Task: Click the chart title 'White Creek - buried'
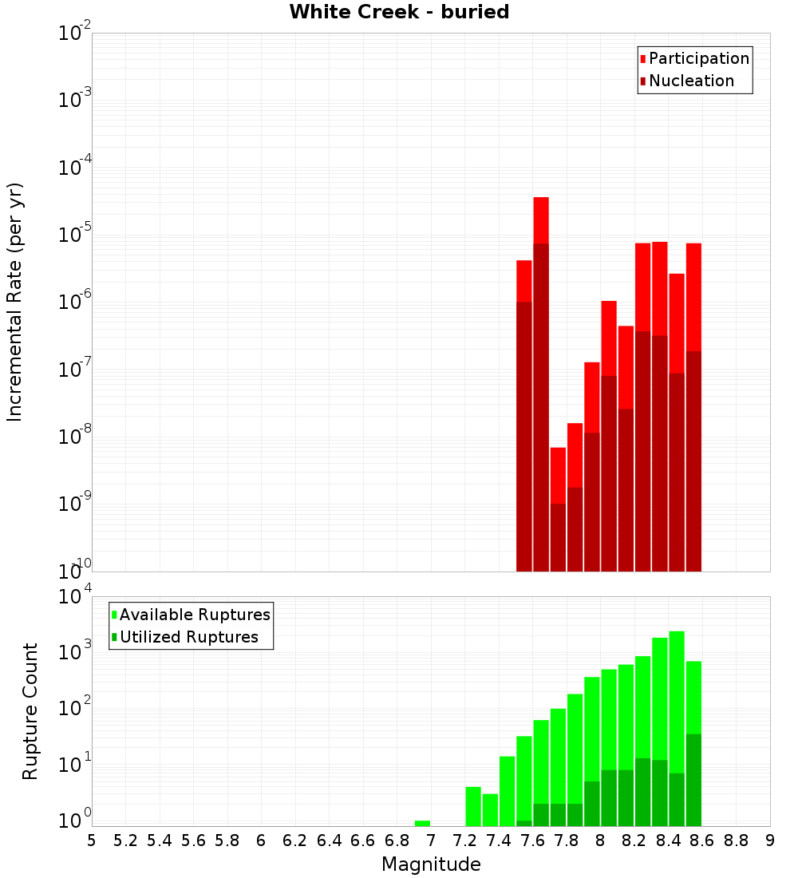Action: point(399,12)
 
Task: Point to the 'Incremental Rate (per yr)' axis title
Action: point(14,302)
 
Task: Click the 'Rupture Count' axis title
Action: point(30,711)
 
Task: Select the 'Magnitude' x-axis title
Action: point(431,864)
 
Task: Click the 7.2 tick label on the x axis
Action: point(464,840)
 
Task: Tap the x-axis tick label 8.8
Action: point(736,840)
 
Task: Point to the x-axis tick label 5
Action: point(92,840)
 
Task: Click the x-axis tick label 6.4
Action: point(329,840)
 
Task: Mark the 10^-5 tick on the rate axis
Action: point(74,235)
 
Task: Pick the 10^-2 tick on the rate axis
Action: point(74,34)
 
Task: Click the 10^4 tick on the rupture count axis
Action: point(74,597)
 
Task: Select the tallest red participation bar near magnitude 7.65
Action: point(541,219)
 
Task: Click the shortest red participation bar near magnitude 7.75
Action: point(558,475)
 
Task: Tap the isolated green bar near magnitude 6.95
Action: point(422,823)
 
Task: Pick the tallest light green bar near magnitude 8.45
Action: point(677,702)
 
